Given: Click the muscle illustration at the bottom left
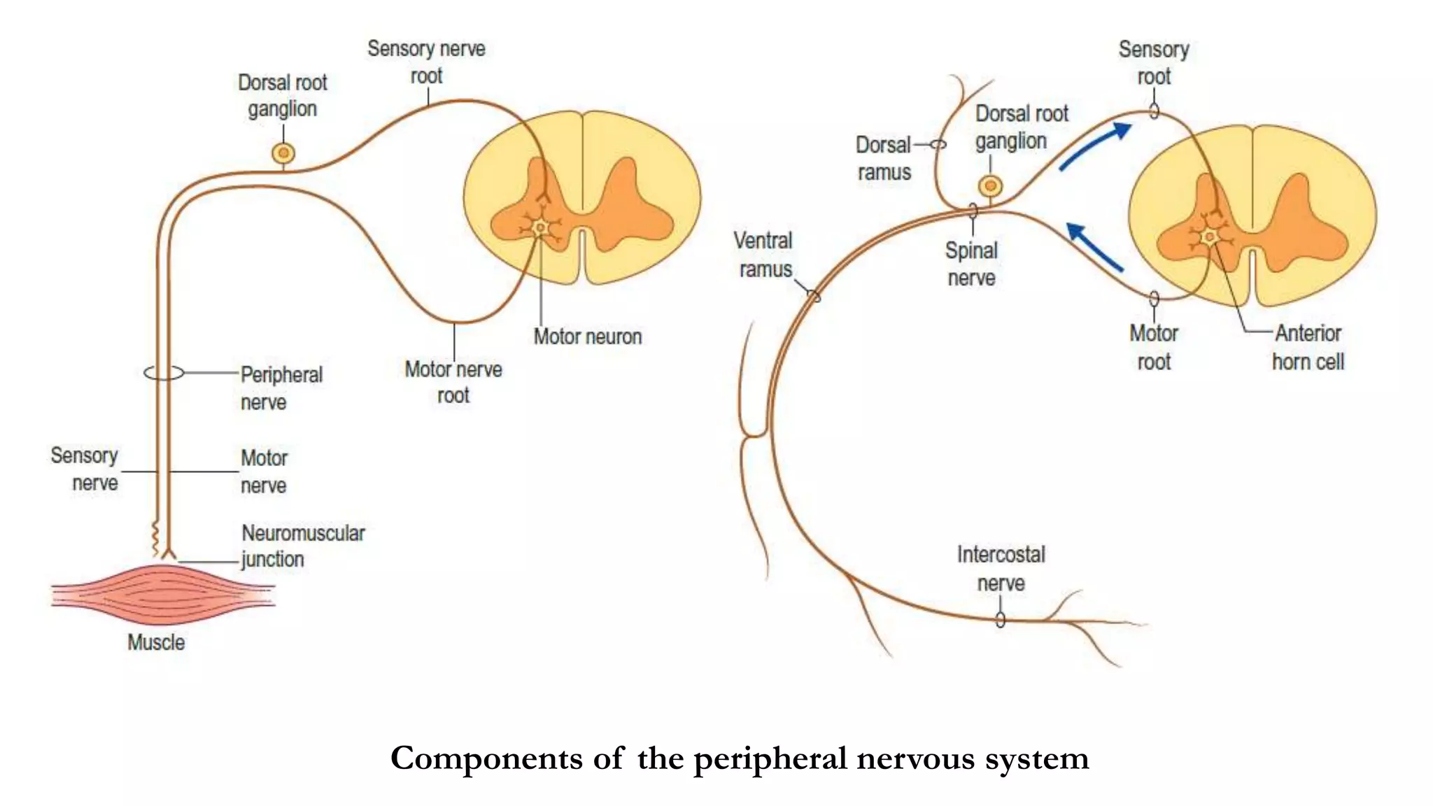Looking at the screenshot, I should [x=162, y=595].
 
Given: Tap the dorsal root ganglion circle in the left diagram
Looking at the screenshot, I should [x=283, y=153].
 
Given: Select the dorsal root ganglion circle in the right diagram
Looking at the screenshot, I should [x=989, y=186].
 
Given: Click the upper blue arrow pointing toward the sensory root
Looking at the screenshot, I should [x=1095, y=146].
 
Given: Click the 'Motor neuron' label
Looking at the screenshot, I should [x=587, y=337].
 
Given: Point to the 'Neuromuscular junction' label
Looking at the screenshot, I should [x=302, y=546].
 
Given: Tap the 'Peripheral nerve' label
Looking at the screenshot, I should [x=281, y=388].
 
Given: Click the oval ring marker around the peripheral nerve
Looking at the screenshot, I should [x=164, y=373].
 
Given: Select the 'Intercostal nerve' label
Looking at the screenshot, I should [x=1001, y=569].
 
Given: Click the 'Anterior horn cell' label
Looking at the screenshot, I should [x=1307, y=348].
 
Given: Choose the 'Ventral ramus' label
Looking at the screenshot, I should [x=763, y=255].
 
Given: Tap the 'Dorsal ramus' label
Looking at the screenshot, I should [x=883, y=159].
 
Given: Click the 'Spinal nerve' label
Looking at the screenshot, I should [x=971, y=264].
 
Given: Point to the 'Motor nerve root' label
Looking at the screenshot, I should [x=453, y=382].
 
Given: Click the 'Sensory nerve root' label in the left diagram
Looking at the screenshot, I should [x=426, y=62].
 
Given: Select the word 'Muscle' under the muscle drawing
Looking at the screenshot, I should [x=156, y=642].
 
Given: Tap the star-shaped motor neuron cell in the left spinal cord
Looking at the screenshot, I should [x=540, y=227].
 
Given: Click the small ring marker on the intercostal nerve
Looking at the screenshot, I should [x=1001, y=620].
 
